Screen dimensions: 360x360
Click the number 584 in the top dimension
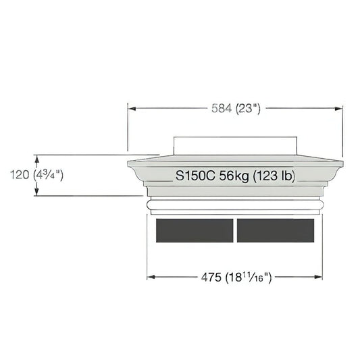click(222, 108)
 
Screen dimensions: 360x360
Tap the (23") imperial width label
click(248, 109)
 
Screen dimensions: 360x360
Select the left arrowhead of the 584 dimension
click(132, 108)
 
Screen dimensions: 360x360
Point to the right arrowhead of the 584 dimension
click(338, 108)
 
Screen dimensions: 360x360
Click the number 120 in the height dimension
click(20, 175)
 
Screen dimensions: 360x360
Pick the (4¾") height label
click(48, 175)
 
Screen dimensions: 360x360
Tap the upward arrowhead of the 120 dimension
click(36, 159)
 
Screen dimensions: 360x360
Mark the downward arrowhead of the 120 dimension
click(36, 191)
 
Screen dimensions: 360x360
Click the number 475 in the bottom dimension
click(211, 277)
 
